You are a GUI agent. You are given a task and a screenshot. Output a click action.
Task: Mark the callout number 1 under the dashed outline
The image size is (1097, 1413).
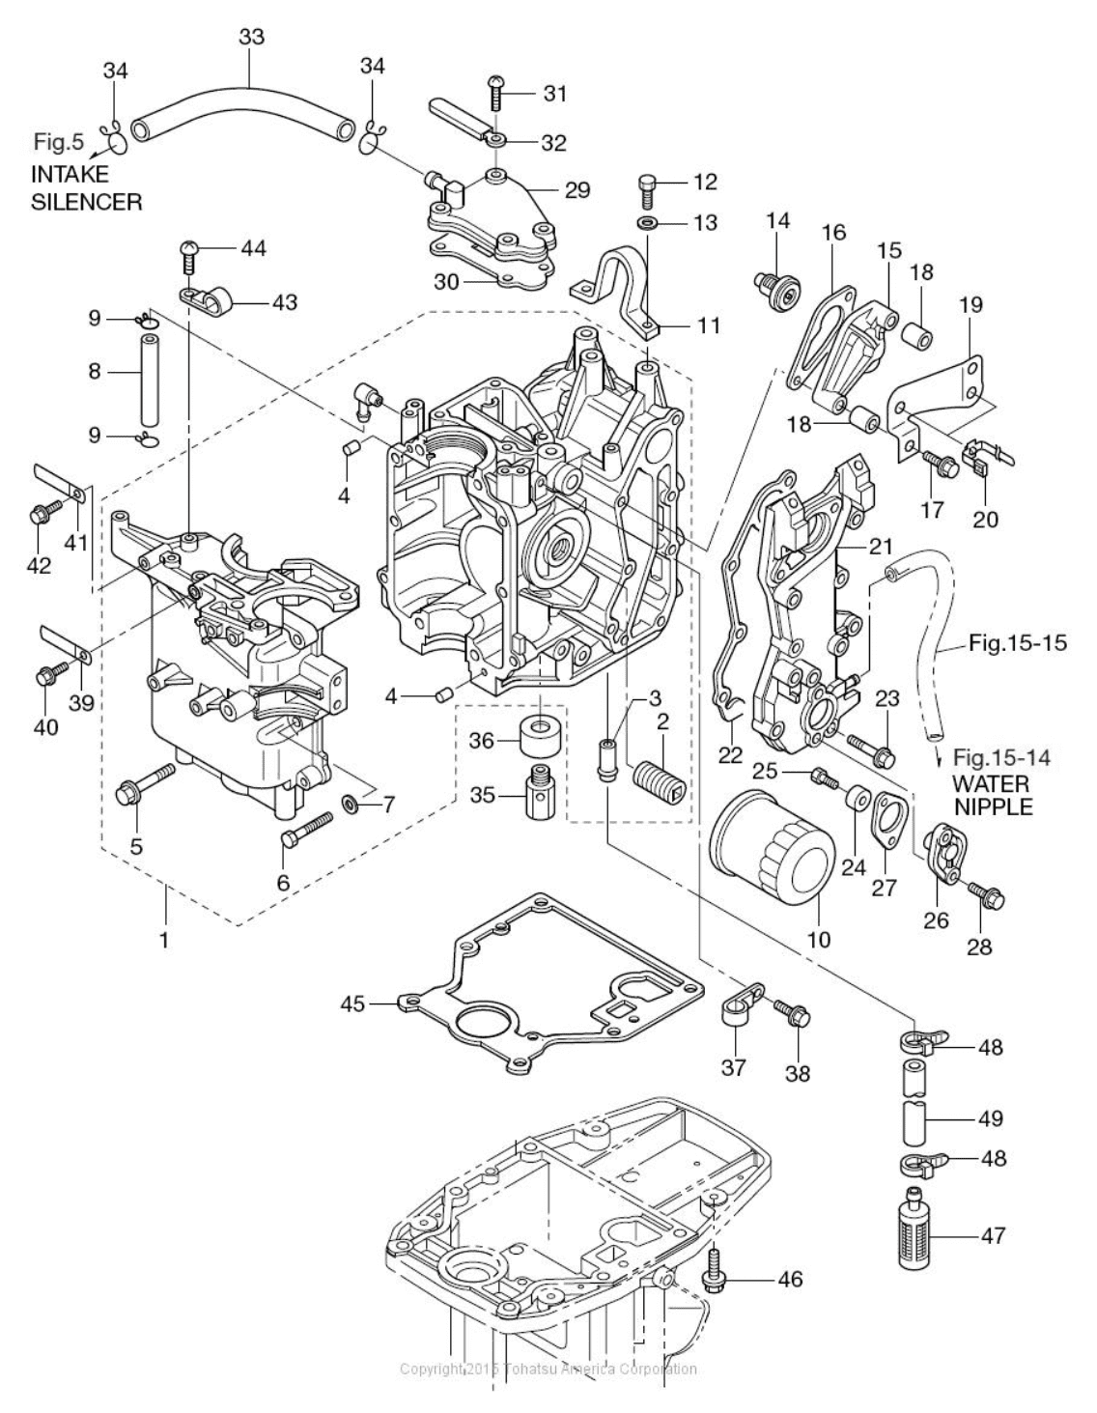164,938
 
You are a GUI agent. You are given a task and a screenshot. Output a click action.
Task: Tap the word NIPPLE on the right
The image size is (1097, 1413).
994,805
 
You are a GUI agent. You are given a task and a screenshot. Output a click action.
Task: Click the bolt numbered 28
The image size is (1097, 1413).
986,896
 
